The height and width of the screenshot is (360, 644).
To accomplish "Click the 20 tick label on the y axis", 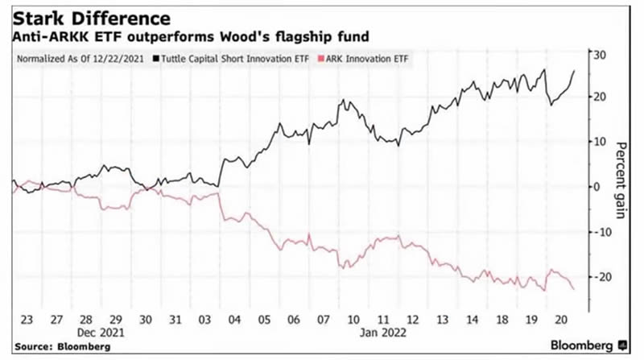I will pyautogui.click(x=599, y=97).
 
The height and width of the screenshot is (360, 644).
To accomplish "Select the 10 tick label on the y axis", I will pyautogui.click(x=599, y=142).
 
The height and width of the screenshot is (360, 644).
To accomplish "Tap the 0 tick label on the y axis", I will pyautogui.click(x=597, y=187).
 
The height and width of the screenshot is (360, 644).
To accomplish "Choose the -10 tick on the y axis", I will pyautogui.click(x=601, y=232).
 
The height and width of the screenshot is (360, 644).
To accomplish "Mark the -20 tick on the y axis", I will pyautogui.click(x=601, y=277).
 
